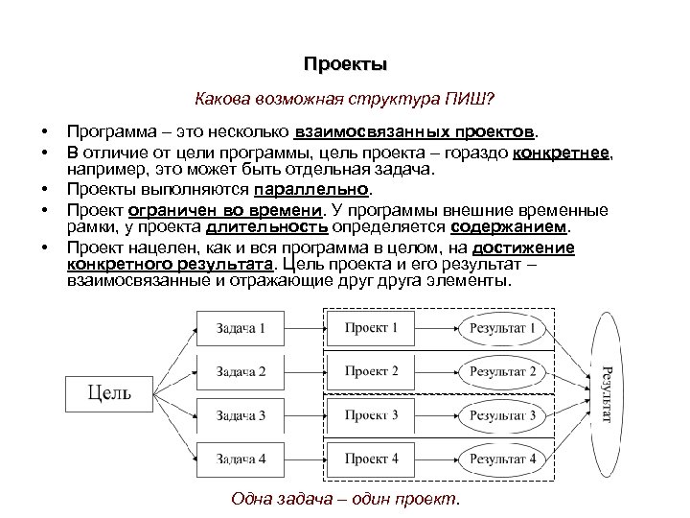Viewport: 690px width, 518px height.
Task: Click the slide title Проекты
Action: coord(345,65)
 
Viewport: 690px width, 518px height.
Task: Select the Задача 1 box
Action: coord(241,329)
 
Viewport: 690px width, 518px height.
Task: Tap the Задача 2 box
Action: coord(241,371)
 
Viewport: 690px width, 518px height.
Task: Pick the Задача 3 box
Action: coord(241,414)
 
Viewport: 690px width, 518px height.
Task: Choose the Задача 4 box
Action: coord(241,458)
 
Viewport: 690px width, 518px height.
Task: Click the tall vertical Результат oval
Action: coord(606,392)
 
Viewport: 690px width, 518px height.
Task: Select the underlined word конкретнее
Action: coord(562,153)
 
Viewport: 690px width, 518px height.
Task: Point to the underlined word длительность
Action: coord(267,227)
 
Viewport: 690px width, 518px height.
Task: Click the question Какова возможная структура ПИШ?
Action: coord(345,98)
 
